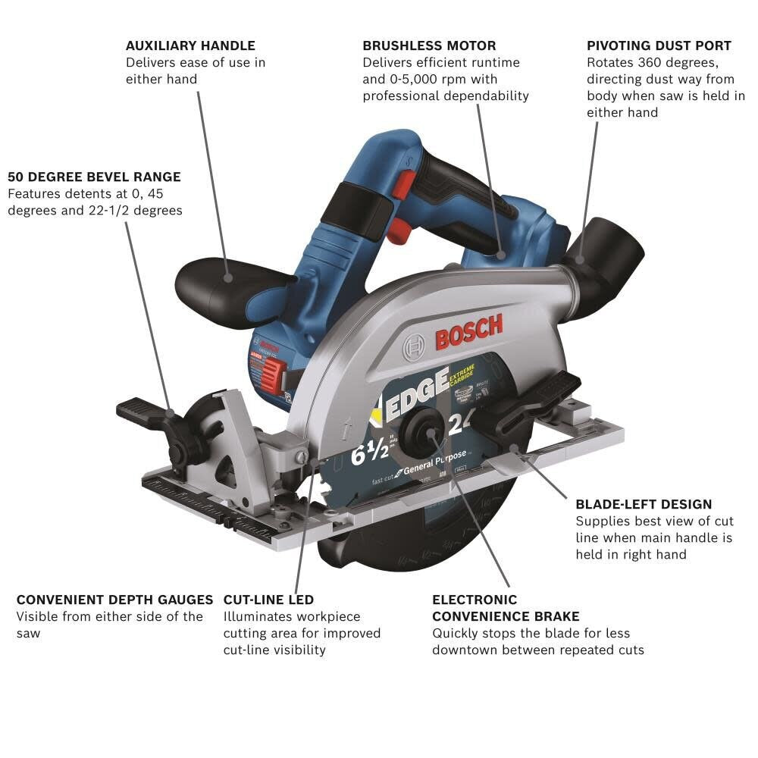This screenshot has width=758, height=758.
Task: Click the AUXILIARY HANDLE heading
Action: tap(190, 45)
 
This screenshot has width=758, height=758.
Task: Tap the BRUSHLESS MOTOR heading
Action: tap(429, 45)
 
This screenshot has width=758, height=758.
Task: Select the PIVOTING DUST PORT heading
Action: tap(659, 45)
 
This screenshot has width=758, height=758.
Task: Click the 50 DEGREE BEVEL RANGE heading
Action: tap(94, 177)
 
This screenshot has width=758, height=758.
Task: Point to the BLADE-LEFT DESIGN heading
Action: tap(644, 504)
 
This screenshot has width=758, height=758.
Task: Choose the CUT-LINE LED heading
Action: tap(268, 600)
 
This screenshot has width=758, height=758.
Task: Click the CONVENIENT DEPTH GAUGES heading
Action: tap(114, 600)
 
